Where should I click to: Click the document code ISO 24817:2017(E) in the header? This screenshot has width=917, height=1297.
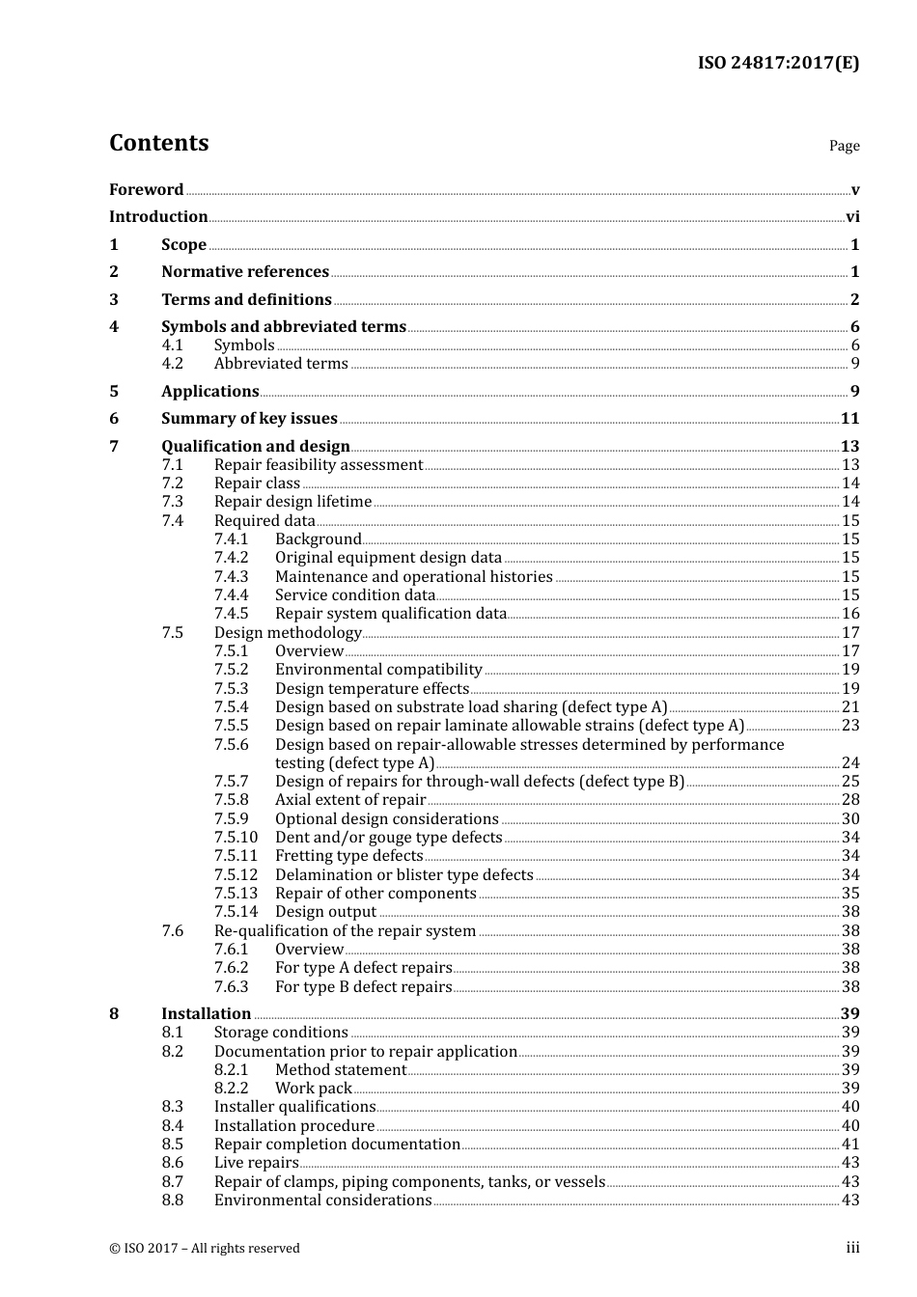pos(778,63)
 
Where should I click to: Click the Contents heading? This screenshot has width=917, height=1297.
pos(158,143)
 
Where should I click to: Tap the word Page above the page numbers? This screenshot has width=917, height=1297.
pos(844,146)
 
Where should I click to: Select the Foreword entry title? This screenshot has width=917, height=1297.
pos(146,190)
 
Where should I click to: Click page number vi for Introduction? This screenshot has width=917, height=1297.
pos(852,217)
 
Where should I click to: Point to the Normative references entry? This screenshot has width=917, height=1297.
pos(245,272)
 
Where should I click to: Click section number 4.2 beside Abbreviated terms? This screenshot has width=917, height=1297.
pos(172,364)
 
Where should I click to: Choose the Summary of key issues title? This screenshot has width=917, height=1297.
pos(249,419)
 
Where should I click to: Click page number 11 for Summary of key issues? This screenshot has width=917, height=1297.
pos(849,419)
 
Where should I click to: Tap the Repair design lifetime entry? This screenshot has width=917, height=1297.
pos(292,502)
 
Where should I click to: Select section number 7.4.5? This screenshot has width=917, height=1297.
pos(231,614)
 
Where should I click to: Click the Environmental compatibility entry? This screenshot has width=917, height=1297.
pos(378,670)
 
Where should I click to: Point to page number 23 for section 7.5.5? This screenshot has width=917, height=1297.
pos(850,726)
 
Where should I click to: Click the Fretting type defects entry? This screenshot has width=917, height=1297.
pos(348,856)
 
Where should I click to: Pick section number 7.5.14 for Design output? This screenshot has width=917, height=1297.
pos(236,912)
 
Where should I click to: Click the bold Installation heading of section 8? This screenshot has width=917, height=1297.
pos(206,1014)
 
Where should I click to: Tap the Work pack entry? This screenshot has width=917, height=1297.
pos(313,1089)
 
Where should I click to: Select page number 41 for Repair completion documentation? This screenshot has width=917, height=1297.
pos(850,1145)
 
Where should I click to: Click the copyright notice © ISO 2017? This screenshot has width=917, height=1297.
pos(205,1249)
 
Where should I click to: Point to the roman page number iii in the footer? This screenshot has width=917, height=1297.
pos(852,1248)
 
